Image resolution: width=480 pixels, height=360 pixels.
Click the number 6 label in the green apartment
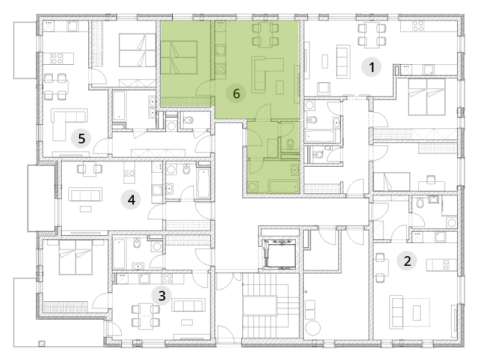coord(236,94)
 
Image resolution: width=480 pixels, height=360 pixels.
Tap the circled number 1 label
coord(371,67)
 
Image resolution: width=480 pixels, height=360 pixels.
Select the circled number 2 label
coord(407,261)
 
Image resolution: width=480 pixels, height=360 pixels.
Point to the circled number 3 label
coord(161,296)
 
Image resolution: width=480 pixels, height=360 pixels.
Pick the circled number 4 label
coord(131,200)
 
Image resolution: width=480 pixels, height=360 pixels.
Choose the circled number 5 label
coord(81,139)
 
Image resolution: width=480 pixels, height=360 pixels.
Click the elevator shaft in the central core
coord(278,254)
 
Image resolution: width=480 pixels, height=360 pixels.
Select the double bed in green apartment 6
coord(179,58)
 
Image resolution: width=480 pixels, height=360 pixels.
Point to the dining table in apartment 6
coord(265,35)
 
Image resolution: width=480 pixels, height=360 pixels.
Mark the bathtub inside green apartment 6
coord(283,186)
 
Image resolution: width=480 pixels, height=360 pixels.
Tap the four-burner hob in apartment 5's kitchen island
coord(56,58)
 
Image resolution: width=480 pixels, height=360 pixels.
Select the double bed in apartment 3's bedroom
coord(76,257)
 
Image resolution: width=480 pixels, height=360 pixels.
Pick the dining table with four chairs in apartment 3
coord(146,315)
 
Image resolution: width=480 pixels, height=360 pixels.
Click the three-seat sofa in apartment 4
coord(85,194)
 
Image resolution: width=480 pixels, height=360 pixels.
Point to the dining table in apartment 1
coord(371,35)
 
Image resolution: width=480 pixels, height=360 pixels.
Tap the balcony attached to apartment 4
coord(41,198)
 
